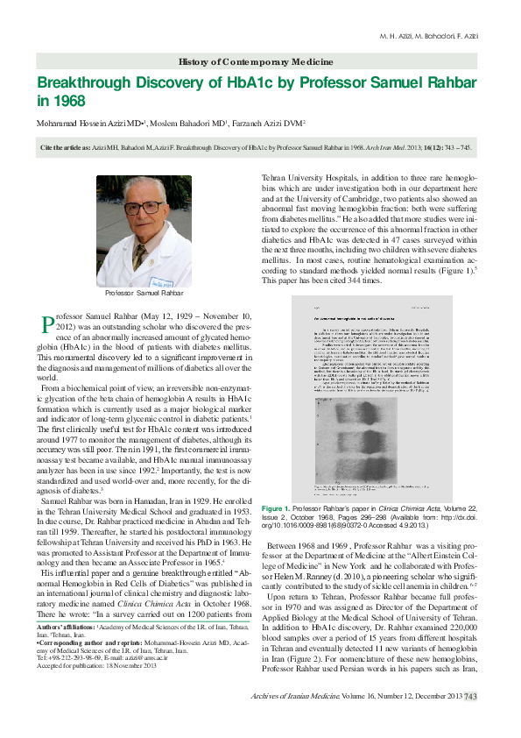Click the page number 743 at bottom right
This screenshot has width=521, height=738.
click(470, 720)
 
